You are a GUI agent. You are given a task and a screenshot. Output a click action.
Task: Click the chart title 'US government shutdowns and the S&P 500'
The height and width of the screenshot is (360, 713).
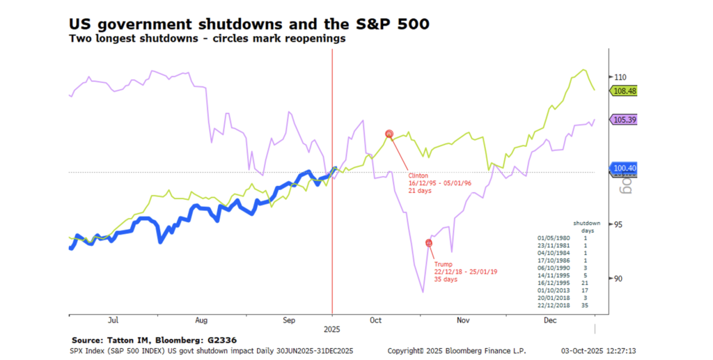[249, 24]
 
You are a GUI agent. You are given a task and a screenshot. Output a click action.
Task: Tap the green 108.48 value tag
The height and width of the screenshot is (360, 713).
[624, 91]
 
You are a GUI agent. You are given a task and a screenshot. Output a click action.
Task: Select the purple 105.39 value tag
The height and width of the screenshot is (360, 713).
[624, 120]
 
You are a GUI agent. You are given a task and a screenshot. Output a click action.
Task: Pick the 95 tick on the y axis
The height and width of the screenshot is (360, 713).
[618, 224]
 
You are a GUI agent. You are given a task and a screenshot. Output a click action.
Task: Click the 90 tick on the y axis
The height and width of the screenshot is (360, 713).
[618, 279]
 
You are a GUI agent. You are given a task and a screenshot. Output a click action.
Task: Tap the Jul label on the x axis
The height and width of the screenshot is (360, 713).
[113, 321]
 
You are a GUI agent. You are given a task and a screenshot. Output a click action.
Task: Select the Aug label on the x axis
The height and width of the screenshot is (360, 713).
[201, 321]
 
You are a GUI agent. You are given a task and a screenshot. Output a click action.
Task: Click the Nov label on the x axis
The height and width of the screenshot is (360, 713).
[463, 321]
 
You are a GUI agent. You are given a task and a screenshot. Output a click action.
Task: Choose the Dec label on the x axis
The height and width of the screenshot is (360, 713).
[550, 321]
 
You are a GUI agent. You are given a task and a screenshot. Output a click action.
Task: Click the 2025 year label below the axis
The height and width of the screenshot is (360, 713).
[331, 327]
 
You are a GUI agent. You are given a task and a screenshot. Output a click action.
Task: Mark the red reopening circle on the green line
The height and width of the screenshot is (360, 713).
[390, 134]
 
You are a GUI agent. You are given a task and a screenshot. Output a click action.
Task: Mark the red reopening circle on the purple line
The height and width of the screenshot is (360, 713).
[429, 242]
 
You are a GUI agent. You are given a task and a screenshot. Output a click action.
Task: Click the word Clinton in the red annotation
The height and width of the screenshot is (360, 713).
[418, 175]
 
